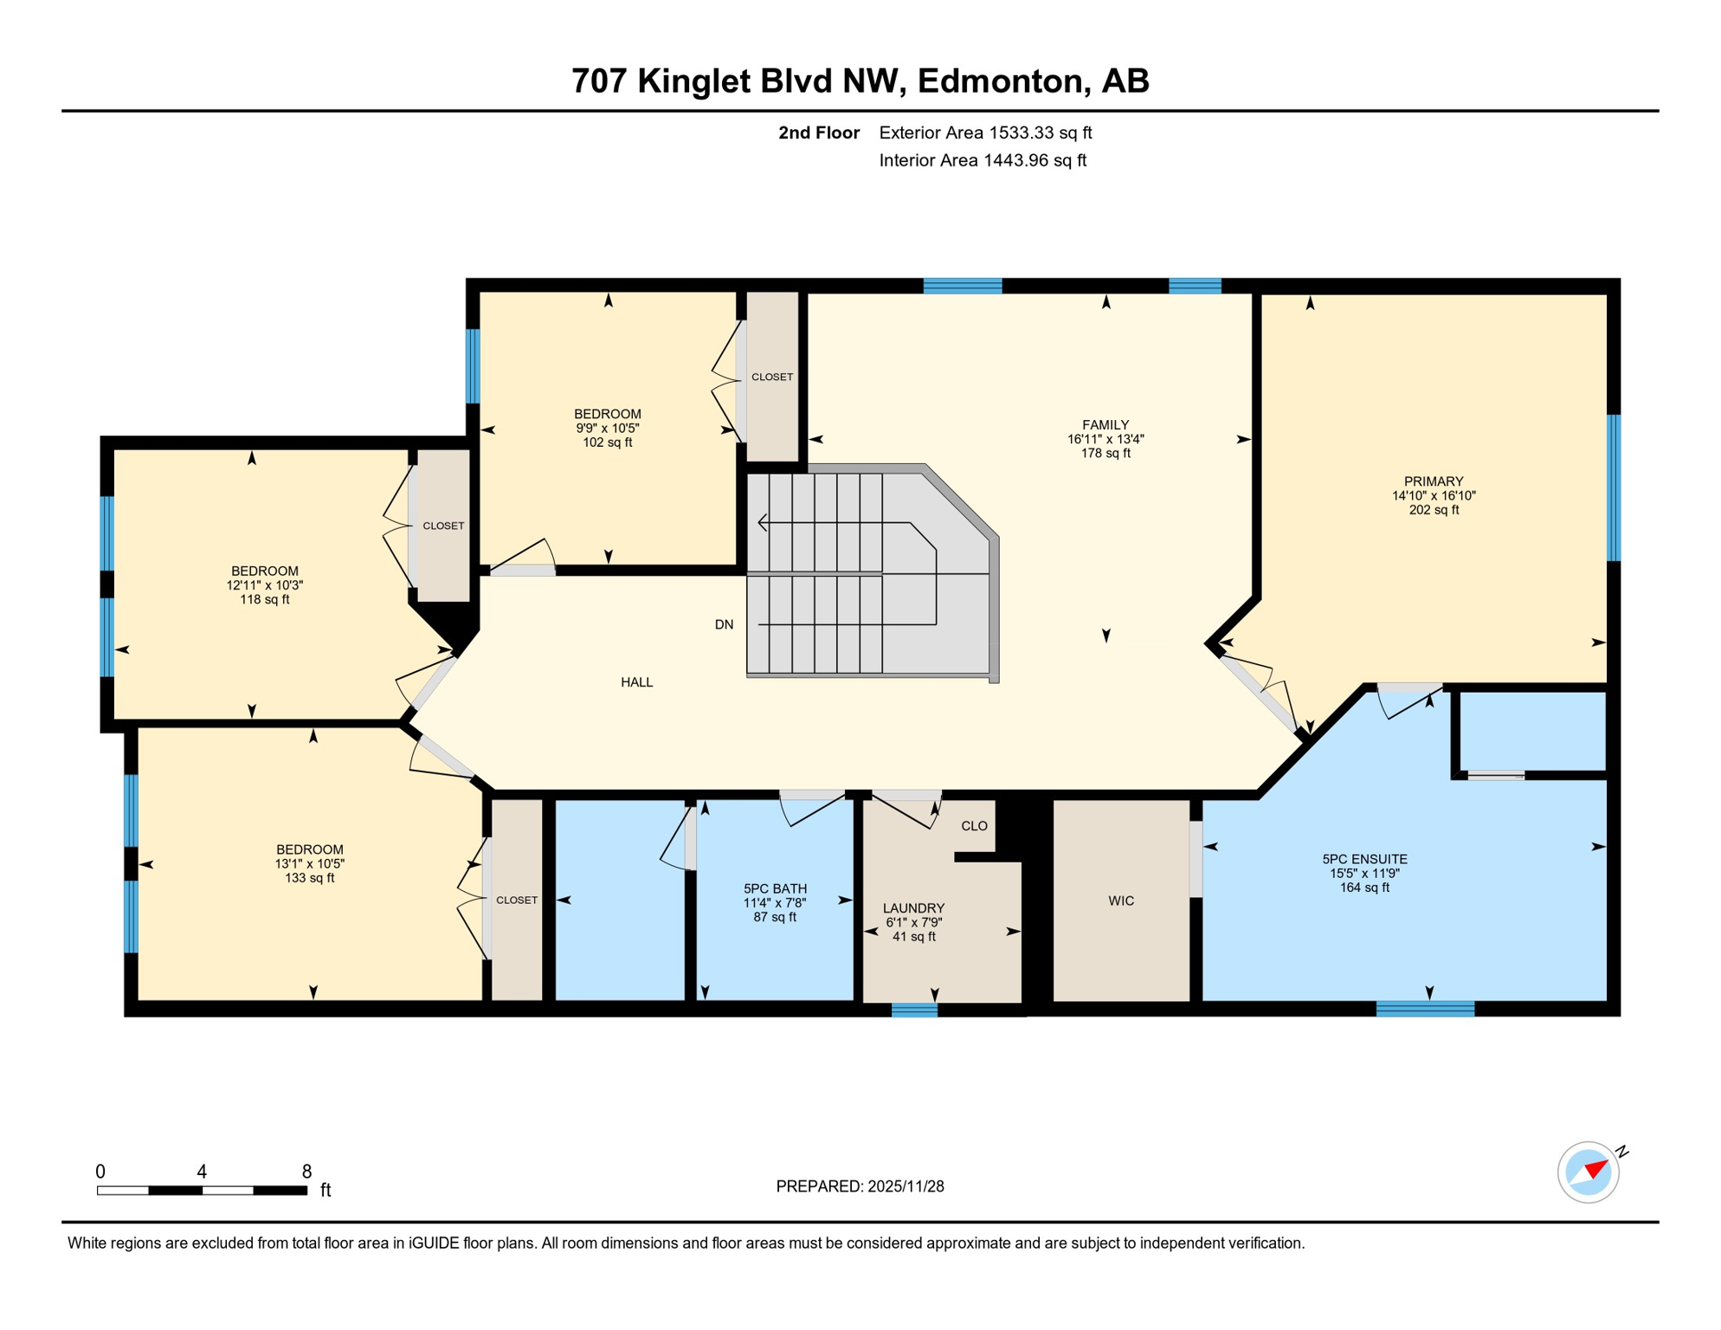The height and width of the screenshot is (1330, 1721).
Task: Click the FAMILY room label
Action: pos(1105,425)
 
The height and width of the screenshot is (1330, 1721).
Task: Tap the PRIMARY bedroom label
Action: pos(1434,481)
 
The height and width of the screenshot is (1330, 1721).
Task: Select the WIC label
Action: pos(1121,901)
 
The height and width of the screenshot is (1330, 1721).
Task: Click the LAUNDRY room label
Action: pos(913,908)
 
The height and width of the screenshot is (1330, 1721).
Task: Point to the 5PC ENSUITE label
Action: pos(1364,859)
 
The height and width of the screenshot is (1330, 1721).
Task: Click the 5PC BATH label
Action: pos(775,888)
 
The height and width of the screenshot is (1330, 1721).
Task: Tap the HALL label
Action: pos(636,682)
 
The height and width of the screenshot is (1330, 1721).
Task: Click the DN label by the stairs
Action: pos(724,624)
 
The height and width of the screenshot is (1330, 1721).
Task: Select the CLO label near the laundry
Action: pos(974,826)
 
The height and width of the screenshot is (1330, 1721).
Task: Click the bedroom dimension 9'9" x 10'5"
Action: pos(607,428)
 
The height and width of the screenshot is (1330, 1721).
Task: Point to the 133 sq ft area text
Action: pos(309,878)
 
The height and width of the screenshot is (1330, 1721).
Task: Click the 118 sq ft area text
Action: pos(264,599)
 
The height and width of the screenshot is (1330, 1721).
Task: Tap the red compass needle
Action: pos(1595,1170)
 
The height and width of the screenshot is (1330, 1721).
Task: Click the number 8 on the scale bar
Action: pos(306,1172)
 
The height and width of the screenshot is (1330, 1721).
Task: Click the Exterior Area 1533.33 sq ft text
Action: pos(985,132)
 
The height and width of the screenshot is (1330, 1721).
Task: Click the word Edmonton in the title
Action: pos(999,81)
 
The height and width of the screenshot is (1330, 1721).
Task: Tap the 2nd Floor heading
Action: pos(818,132)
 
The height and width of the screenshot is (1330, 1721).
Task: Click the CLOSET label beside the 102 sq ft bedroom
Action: pos(771,377)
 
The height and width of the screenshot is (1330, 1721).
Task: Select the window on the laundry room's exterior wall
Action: pos(914,1010)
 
